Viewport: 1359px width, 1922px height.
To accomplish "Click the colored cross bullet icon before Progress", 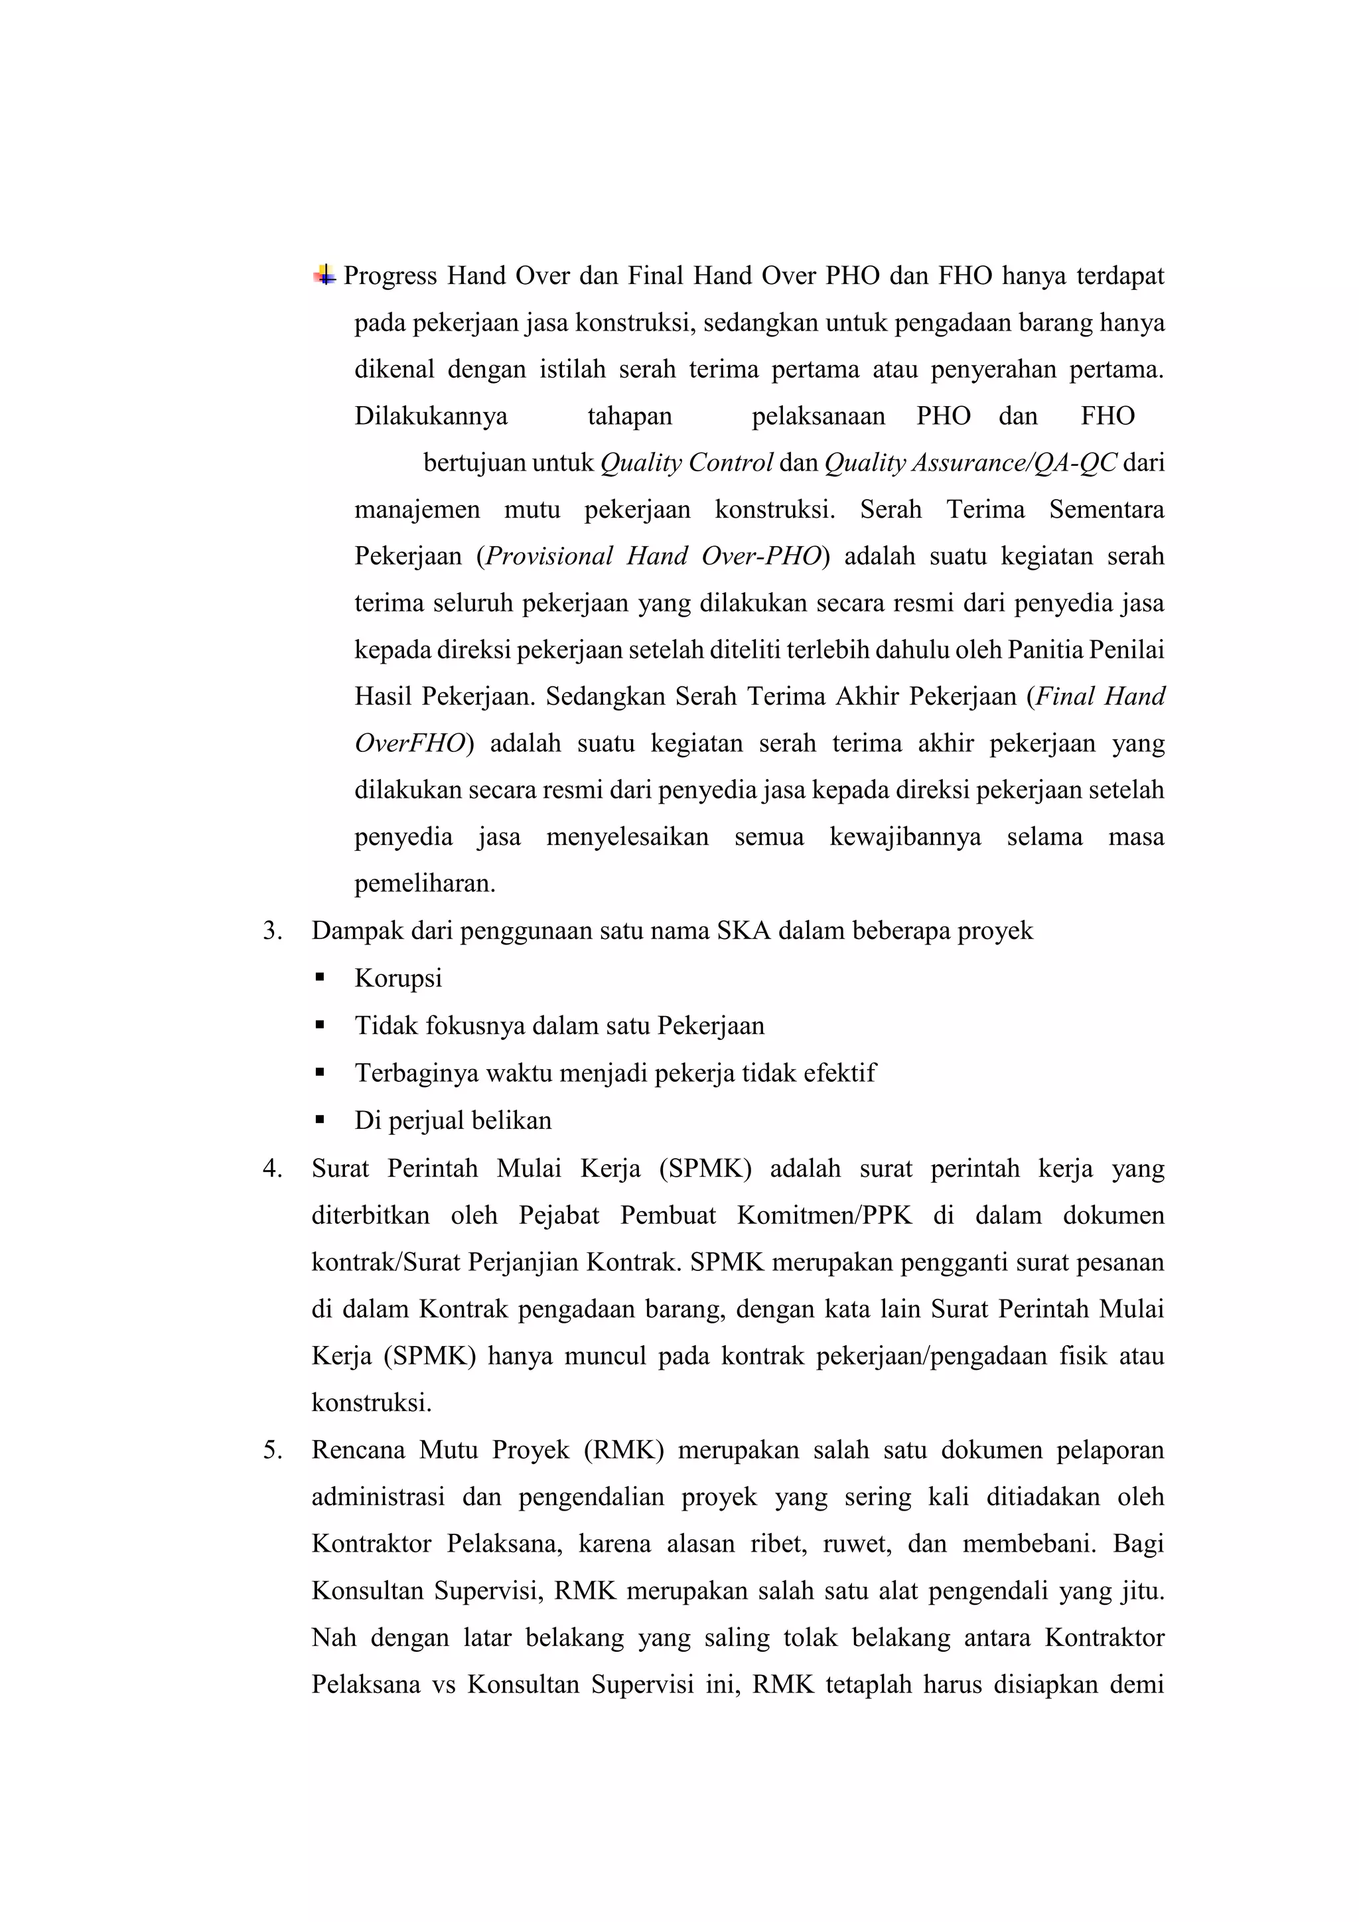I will coord(324,275).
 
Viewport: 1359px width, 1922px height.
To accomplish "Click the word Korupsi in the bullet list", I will coord(397,978).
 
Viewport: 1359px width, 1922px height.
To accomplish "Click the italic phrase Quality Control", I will coord(686,463).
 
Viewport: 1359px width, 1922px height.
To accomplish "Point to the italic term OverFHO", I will coord(409,743).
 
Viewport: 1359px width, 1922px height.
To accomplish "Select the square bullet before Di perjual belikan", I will coord(320,1120).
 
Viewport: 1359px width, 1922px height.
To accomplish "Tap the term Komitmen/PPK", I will coord(823,1215).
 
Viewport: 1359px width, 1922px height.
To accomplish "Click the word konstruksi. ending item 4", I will coord(372,1403).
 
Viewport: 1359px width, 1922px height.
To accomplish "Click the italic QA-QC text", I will coord(1074,463).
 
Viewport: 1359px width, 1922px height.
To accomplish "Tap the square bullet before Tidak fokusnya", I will coord(320,1025).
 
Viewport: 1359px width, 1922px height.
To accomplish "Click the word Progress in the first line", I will coord(390,275).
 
